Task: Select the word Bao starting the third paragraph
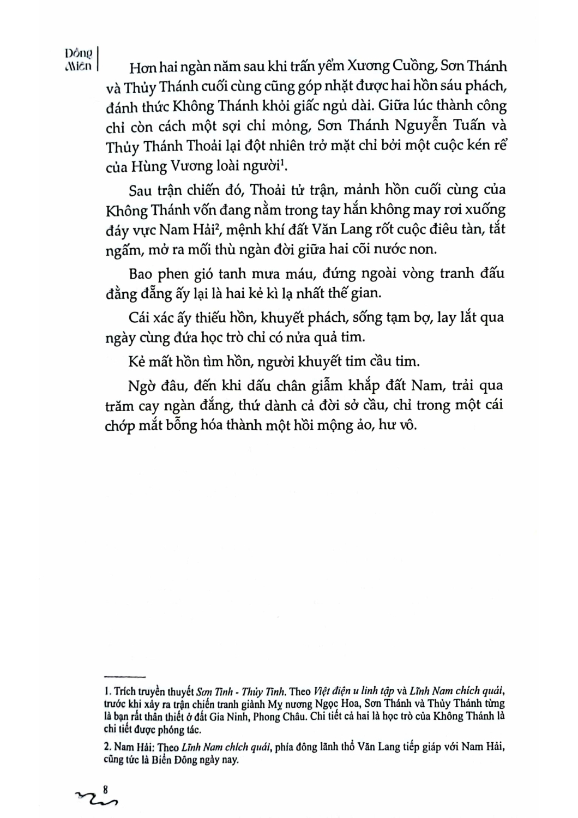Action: pyautogui.click(x=143, y=273)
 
